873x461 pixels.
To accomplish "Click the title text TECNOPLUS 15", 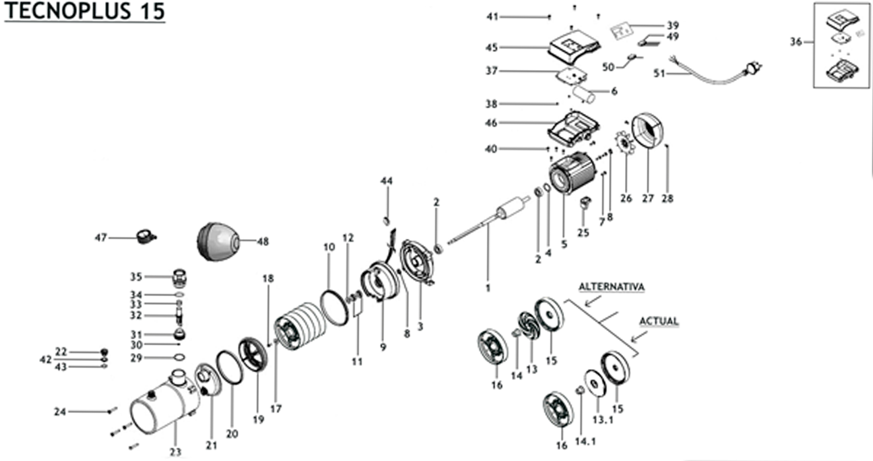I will pos(85,11).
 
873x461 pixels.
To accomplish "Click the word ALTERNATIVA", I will pos(612,287).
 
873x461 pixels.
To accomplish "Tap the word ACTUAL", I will pos(658,321).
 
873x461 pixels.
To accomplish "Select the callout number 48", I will pos(263,242).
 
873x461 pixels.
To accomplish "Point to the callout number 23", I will pos(175,452).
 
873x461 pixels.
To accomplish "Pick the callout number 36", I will pos(796,42).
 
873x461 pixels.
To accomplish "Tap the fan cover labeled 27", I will pos(647,131).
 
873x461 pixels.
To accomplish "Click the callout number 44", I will pos(386,181).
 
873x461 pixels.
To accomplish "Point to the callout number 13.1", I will pos(603,420).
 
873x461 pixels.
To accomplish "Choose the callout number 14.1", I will pos(585,442).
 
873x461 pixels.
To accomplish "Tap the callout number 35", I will pos(136,277).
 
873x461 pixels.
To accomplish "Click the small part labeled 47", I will pos(145,236).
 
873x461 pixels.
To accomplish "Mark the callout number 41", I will pos(492,17).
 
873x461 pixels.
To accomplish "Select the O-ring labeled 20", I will pos(229,367).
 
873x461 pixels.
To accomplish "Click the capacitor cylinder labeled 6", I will pos(584,94).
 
